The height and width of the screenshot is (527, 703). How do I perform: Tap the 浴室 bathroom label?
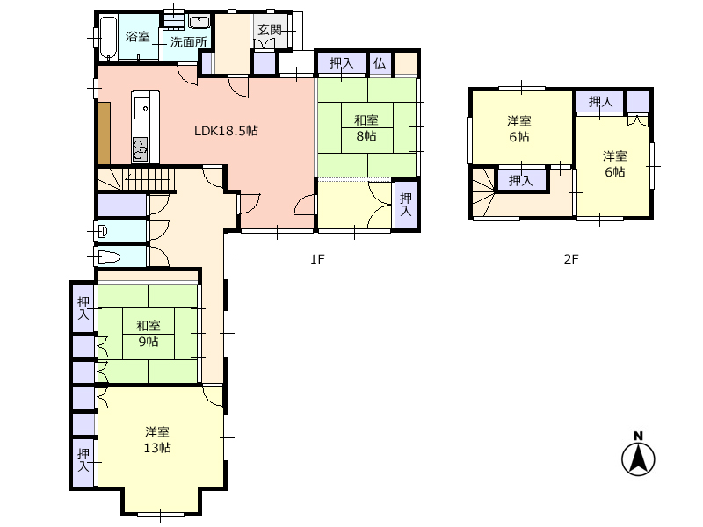click(x=138, y=36)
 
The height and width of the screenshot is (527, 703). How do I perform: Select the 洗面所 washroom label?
click(x=188, y=42)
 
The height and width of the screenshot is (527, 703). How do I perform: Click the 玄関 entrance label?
click(x=270, y=30)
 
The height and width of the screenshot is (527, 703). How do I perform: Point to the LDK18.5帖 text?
click(x=226, y=131)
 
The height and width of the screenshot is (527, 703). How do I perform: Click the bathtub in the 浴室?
click(x=108, y=39)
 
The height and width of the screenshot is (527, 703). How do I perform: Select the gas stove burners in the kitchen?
click(x=141, y=148)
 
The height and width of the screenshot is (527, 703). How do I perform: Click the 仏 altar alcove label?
click(x=380, y=63)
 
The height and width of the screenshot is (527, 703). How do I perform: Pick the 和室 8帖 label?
click(x=366, y=127)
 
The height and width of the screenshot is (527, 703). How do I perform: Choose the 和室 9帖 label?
click(x=148, y=334)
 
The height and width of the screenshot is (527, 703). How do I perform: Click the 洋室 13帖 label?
click(x=157, y=440)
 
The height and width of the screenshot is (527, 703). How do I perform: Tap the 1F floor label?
click(x=317, y=259)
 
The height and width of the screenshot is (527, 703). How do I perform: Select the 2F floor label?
click(x=570, y=259)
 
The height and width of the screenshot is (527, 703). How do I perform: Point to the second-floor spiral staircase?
click(x=484, y=191)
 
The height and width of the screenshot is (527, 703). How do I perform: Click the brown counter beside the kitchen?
click(x=104, y=134)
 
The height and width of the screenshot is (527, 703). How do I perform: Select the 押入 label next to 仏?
click(x=341, y=63)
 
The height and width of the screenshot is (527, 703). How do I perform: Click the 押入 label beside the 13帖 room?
click(x=83, y=460)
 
